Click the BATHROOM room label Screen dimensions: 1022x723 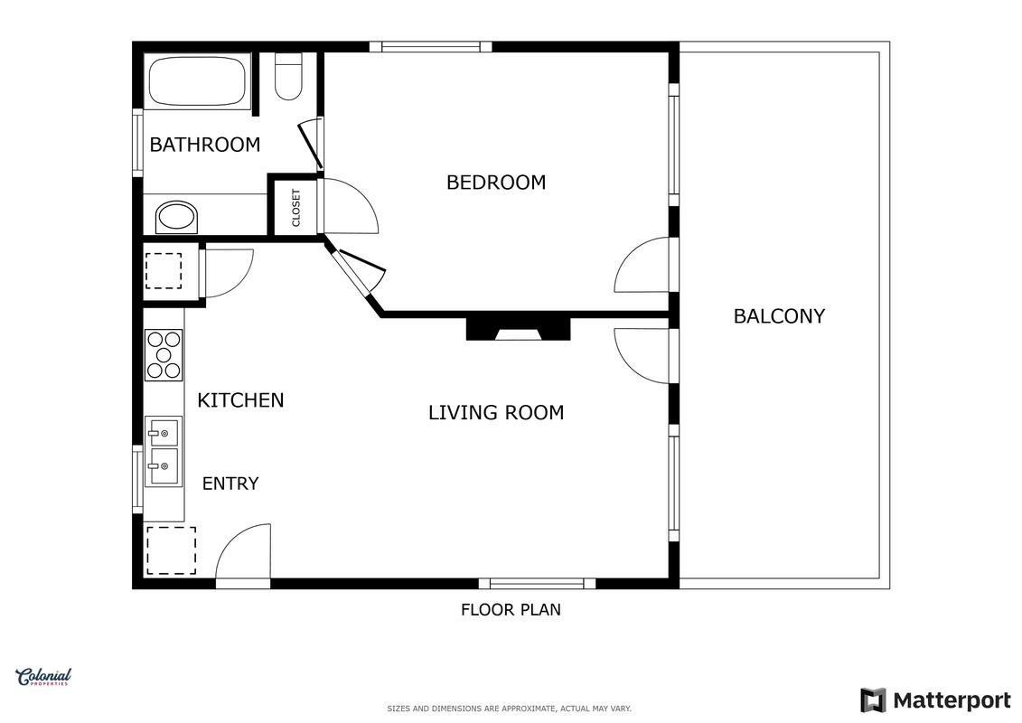[204, 144]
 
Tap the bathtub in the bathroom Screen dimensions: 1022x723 [198, 80]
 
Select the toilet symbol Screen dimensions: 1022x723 [288, 76]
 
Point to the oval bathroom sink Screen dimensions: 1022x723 [176, 217]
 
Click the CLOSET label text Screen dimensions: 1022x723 [295, 208]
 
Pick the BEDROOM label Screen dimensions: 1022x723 [496, 183]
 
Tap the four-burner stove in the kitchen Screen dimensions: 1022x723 [164, 354]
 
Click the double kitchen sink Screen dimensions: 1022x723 [164, 451]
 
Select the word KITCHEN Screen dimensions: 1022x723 [240, 400]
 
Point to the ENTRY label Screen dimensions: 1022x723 [230, 484]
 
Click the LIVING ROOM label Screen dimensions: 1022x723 [496, 413]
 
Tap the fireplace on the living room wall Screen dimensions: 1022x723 [518, 329]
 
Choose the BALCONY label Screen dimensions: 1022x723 [779, 316]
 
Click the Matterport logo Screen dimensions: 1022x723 [935, 700]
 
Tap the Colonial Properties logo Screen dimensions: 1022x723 [43, 678]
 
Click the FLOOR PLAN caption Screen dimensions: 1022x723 [511, 610]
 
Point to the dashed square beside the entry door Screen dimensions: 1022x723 [171, 551]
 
